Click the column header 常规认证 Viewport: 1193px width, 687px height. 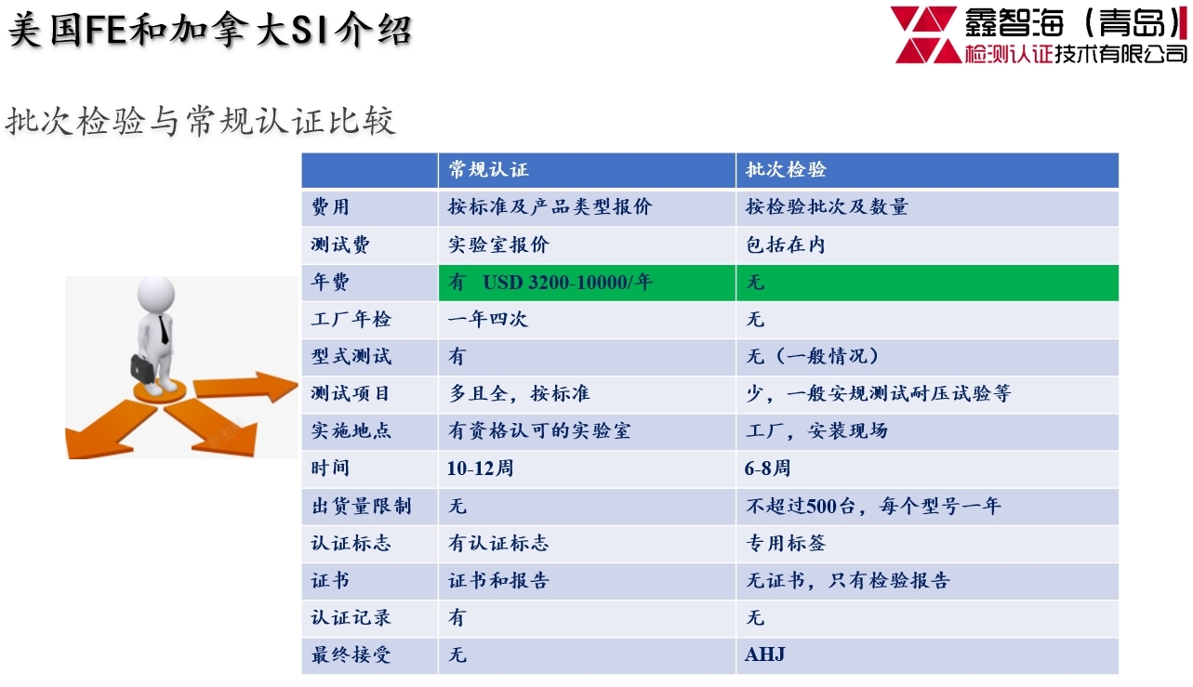(488, 169)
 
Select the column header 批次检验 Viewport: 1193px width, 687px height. (786, 169)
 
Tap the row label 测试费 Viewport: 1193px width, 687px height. (340, 244)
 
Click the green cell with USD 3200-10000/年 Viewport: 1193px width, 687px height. (587, 283)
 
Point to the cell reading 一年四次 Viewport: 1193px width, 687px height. (488, 319)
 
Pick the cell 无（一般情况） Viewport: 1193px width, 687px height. (812, 356)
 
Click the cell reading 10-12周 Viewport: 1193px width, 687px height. (481, 469)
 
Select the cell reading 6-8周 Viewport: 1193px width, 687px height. (767, 469)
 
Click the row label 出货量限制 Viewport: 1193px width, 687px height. (361, 506)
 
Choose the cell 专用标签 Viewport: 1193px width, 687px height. (786, 543)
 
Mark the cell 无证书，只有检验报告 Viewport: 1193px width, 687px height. (848, 580)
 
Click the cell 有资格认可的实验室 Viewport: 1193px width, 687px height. (539, 430)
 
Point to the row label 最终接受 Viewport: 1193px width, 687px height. (351, 654)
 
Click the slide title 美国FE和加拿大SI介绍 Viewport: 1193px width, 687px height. (210, 30)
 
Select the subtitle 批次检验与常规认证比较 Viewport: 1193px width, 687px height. (200, 121)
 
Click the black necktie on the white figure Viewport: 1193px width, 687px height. (164, 330)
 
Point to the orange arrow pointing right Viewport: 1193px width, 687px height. (245, 387)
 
